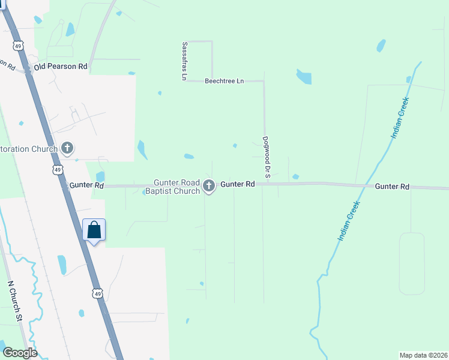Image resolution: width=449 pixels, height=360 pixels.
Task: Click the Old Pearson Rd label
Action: pyautogui.click(x=61, y=67)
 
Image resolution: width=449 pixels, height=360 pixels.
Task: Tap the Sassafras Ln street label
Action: pyautogui.click(x=185, y=61)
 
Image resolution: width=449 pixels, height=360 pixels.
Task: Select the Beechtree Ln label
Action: pyautogui.click(x=224, y=80)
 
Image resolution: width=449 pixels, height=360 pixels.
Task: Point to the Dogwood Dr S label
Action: pyautogui.click(x=267, y=157)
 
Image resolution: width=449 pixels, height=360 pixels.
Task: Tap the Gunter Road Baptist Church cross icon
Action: pyautogui.click(x=209, y=185)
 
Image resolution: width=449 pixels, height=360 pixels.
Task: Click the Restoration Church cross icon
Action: pyautogui.click(x=67, y=148)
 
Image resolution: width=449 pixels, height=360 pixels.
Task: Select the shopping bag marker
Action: pyautogui.click(x=94, y=230)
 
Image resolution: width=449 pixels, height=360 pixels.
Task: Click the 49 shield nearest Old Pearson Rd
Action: pyautogui.click(x=19, y=46)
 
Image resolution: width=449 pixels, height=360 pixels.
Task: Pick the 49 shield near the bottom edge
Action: pyautogui.click(x=97, y=293)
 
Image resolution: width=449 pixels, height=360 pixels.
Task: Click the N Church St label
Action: pyautogui.click(x=15, y=301)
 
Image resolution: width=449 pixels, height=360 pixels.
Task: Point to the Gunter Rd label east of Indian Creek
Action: pyautogui.click(x=392, y=187)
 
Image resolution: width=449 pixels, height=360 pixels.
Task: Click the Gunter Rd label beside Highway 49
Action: pyautogui.click(x=86, y=186)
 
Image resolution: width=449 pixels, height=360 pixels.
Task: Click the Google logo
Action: pyautogui.click(x=20, y=353)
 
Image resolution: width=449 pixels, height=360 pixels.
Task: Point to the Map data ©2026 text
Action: pyautogui.click(x=423, y=355)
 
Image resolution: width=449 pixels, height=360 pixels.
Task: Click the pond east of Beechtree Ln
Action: pyautogui.click(x=304, y=77)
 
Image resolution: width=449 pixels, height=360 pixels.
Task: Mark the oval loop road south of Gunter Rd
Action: pyautogui.click(x=411, y=263)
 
